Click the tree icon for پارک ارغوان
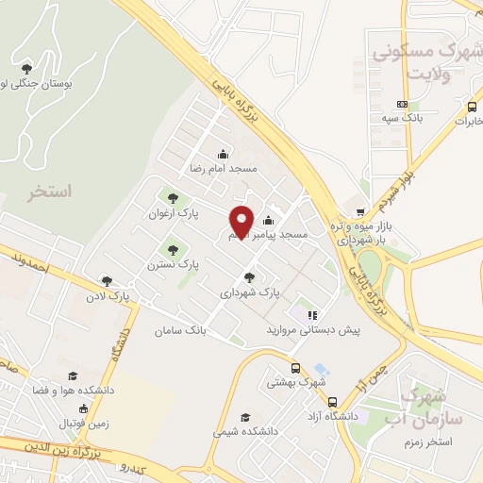click(x=172, y=197)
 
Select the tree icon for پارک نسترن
click(x=172, y=250)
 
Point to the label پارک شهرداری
click(x=250, y=292)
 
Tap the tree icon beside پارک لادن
click(x=106, y=280)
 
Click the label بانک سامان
click(x=182, y=330)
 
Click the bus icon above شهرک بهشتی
click(x=296, y=368)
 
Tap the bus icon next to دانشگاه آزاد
click(x=333, y=403)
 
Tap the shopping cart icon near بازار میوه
click(x=359, y=213)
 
